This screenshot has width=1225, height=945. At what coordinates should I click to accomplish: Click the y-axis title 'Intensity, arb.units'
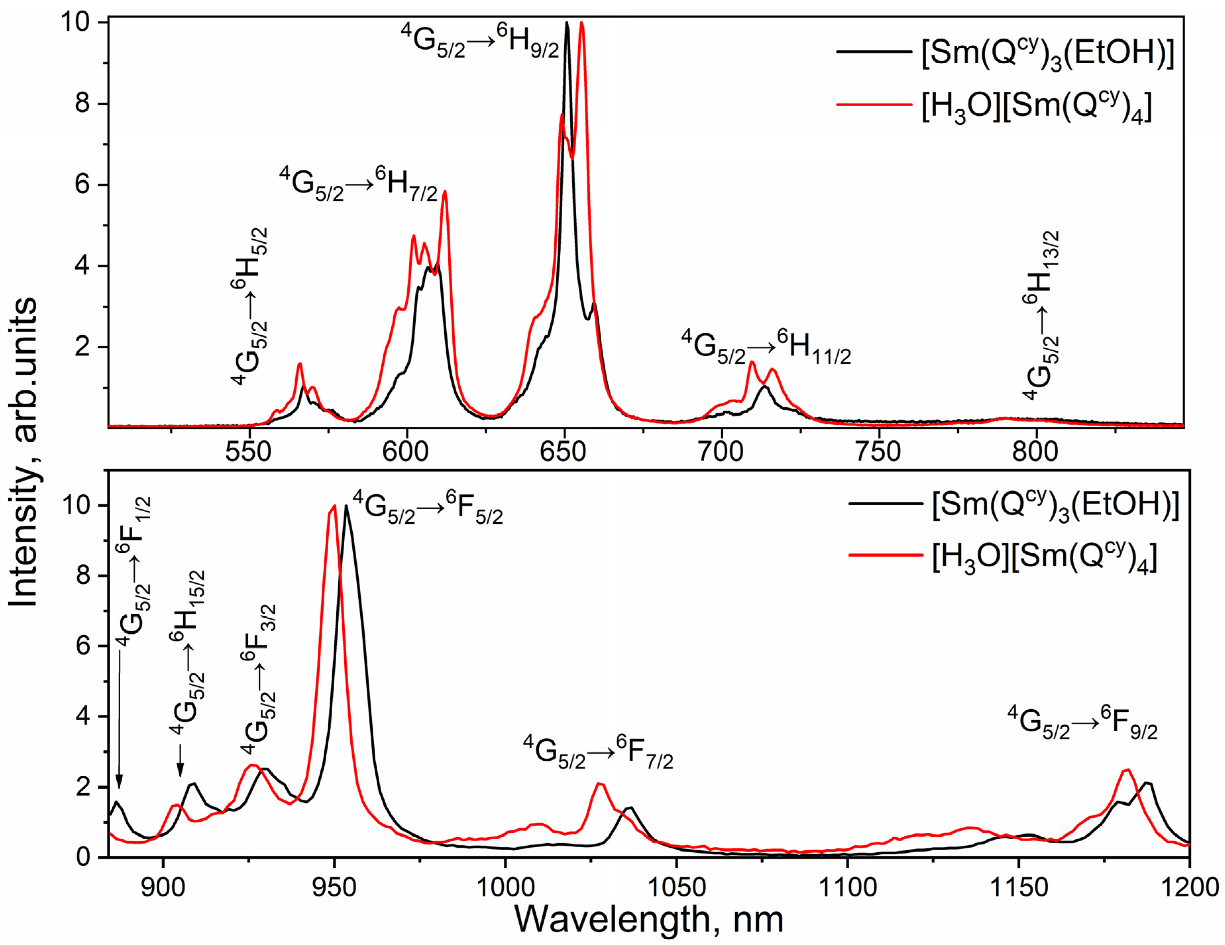coord(24,452)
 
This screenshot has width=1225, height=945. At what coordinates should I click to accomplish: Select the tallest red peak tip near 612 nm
coord(445,192)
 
